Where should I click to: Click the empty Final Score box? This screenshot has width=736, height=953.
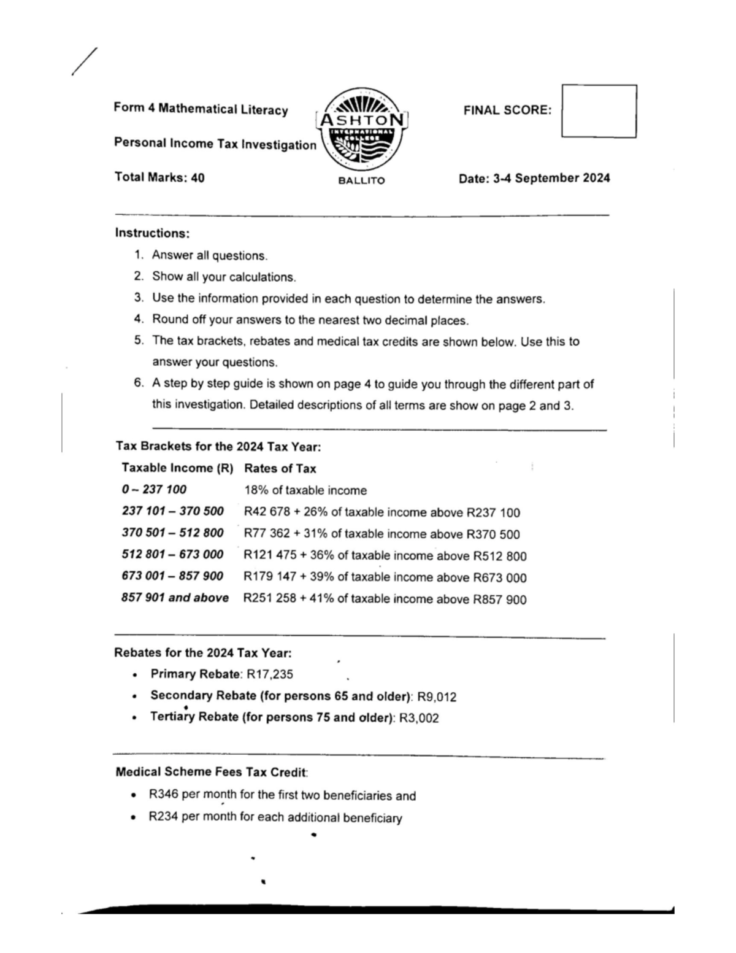click(x=599, y=111)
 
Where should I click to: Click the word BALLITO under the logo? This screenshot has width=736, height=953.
click(x=361, y=181)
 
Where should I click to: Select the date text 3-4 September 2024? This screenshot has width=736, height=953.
click(x=551, y=178)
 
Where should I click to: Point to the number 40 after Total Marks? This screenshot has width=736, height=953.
click(x=197, y=178)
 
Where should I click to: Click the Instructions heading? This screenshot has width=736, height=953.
click(x=152, y=233)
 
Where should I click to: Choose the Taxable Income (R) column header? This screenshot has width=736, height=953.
click(x=177, y=468)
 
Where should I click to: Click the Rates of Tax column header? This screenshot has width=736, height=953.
click(x=280, y=469)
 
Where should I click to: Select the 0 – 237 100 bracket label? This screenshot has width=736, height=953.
click(x=154, y=490)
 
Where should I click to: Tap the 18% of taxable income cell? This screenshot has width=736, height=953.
click(x=305, y=490)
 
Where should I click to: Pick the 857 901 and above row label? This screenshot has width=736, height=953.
click(x=175, y=598)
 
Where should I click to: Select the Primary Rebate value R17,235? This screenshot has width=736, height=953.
click(x=270, y=674)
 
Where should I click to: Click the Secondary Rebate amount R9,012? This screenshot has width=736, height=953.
click(x=436, y=696)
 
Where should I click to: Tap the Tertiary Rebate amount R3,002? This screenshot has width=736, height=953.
click(x=419, y=718)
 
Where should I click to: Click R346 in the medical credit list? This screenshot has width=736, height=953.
click(x=163, y=795)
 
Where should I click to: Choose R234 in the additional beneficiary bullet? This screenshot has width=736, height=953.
click(x=163, y=817)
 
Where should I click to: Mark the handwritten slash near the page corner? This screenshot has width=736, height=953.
click(x=84, y=62)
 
